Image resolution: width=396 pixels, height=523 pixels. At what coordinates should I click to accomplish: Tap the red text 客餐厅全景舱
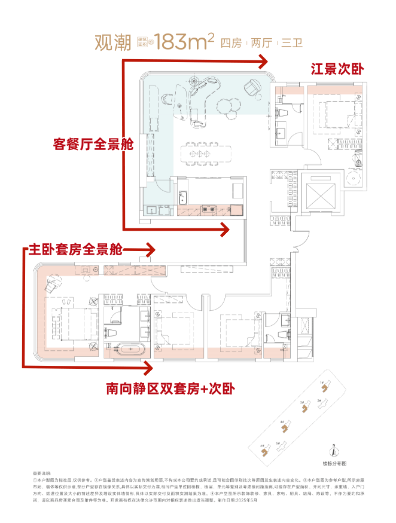[x=93, y=143]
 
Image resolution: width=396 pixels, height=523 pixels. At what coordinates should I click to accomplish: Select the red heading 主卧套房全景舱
[x=75, y=249]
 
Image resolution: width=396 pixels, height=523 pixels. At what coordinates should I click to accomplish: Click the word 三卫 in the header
[x=293, y=42]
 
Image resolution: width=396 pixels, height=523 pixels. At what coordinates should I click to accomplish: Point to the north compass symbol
[x=334, y=452]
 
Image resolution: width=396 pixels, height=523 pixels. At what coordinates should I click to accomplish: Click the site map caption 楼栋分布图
[x=334, y=463]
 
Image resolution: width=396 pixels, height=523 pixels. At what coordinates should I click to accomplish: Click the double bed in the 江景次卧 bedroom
[x=334, y=113]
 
